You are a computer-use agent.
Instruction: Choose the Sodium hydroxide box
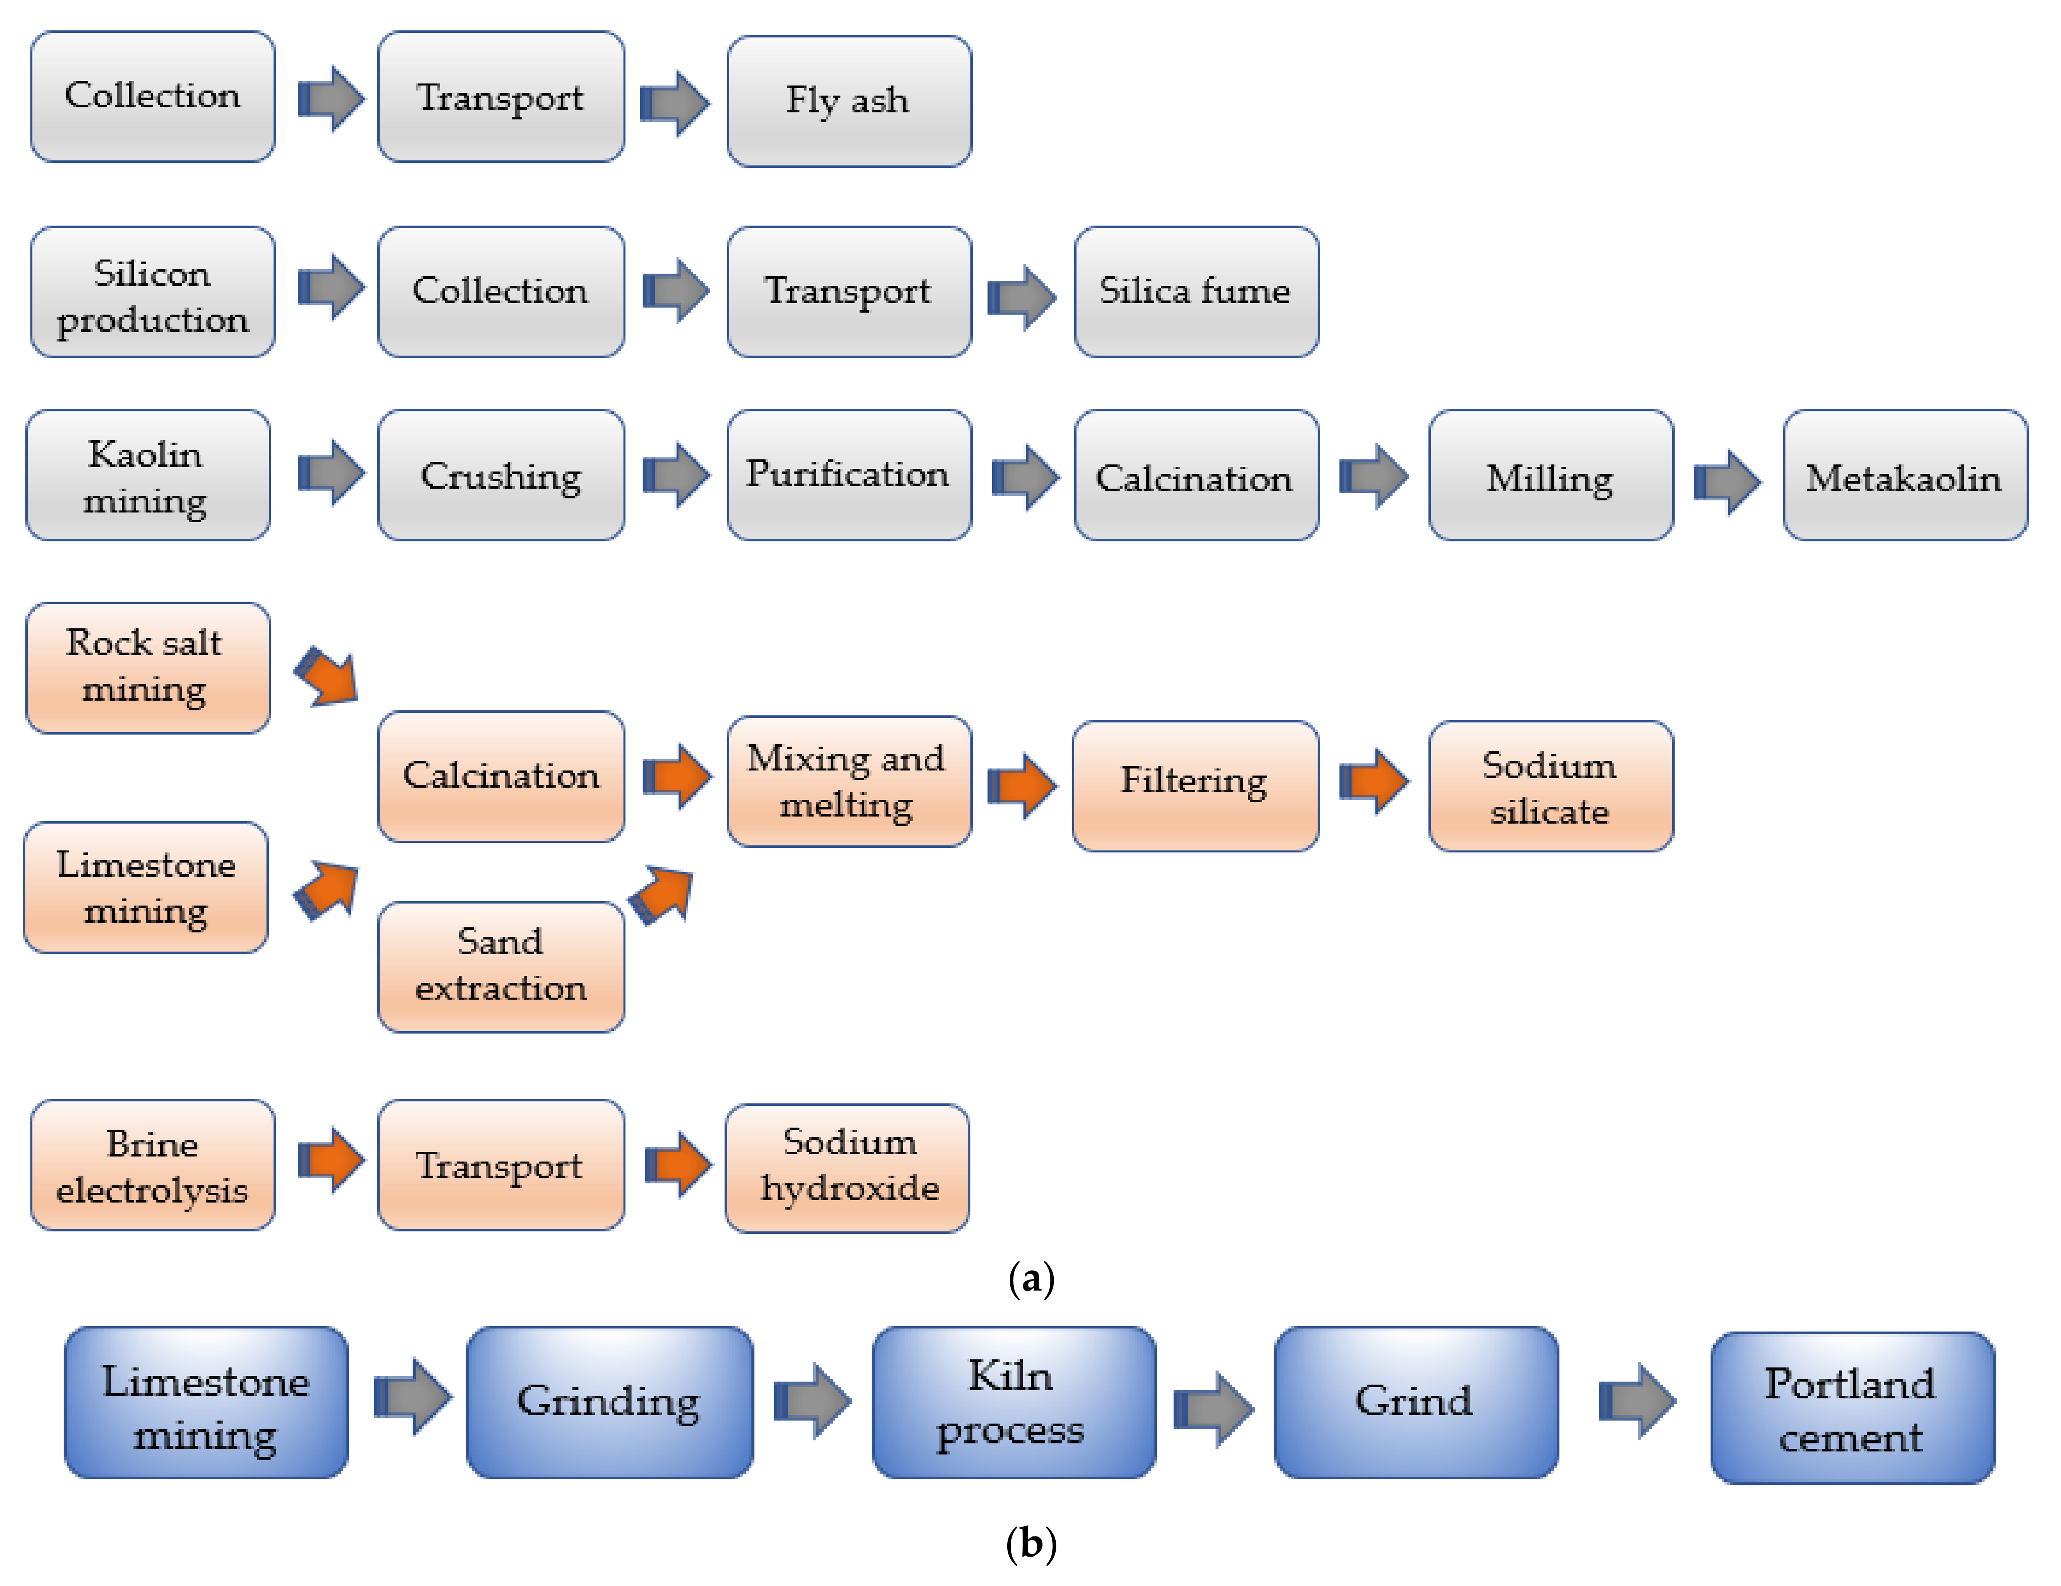tap(847, 1167)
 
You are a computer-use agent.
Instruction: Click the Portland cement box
tap(1851, 1408)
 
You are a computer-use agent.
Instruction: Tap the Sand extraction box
tap(500, 966)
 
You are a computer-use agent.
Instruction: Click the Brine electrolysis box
tap(152, 1165)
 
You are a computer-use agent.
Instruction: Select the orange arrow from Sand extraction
tap(662, 894)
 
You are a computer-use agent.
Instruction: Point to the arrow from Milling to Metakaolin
tap(1727, 482)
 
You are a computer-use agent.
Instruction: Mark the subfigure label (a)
tap(1030, 1279)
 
